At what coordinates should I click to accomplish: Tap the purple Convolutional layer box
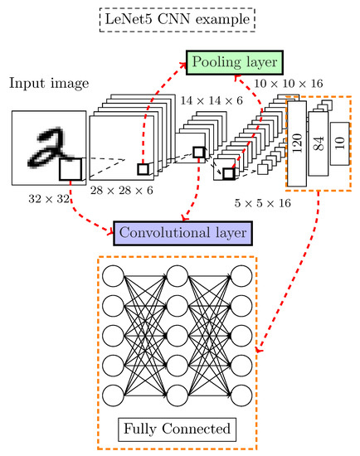click(181, 233)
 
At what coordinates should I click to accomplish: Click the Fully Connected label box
click(179, 430)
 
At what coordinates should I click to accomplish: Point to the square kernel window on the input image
click(71, 172)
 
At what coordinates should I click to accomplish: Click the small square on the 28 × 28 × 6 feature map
click(144, 169)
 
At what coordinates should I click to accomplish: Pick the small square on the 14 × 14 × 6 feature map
click(198, 152)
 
